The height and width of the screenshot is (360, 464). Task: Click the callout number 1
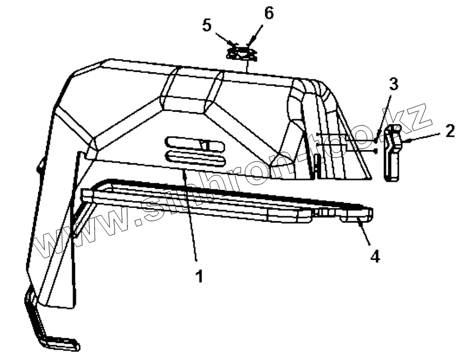click(x=199, y=277)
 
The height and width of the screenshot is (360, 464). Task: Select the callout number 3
click(x=394, y=84)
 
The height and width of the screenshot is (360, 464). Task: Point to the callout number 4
click(x=375, y=257)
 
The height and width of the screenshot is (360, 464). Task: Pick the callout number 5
click(x=207, y=25)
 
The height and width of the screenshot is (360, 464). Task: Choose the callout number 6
click(x=268, y=13)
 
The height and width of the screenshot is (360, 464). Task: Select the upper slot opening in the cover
click(x=194, y=144)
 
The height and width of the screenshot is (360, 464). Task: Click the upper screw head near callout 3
click(x=375, y=141)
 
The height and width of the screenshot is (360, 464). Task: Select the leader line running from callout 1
click(x=190, y=215)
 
